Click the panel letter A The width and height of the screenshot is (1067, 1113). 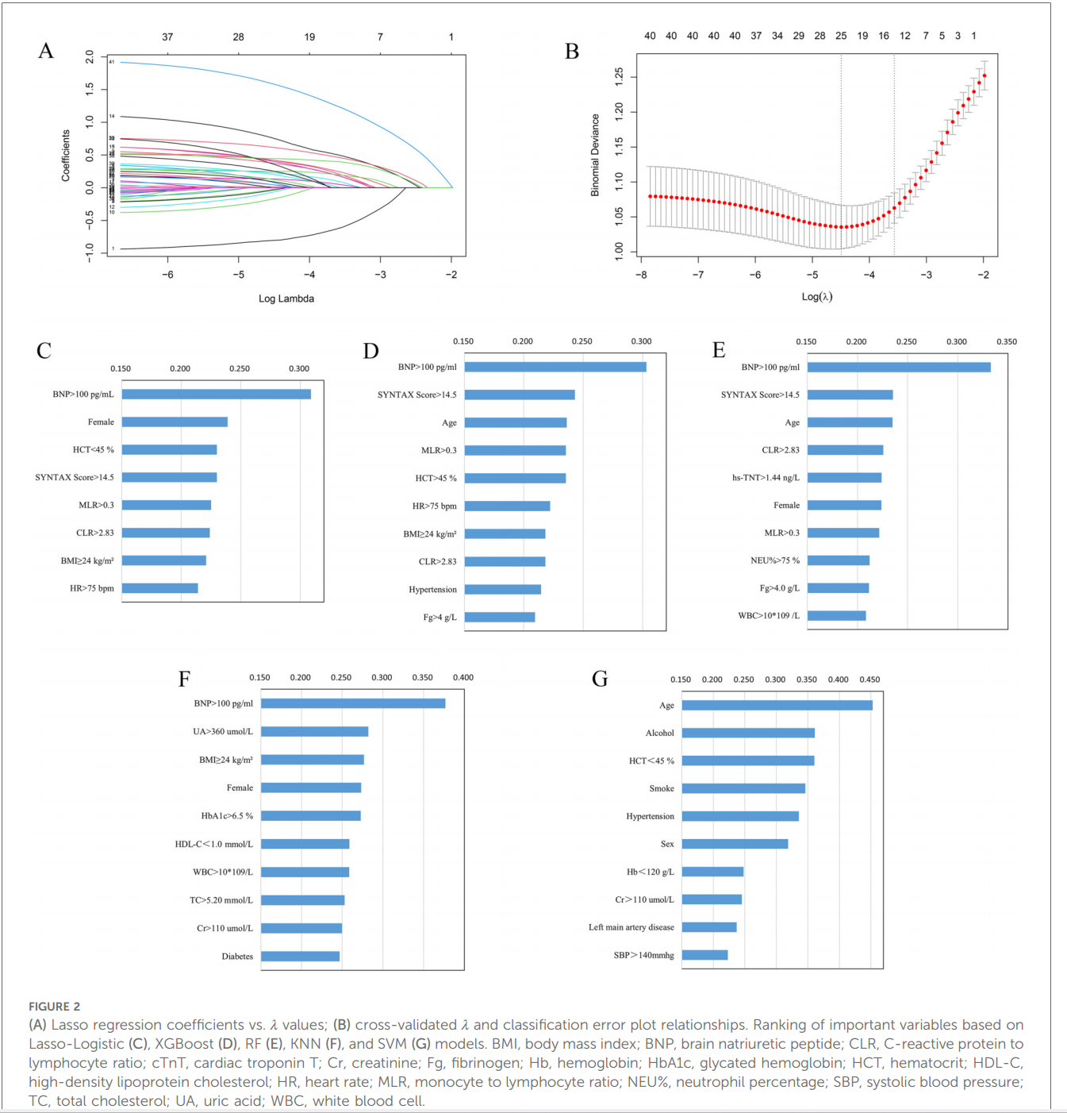tap(46, 51)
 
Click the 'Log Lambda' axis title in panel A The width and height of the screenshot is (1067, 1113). tap(286, 298)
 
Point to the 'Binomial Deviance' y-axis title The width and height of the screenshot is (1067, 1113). tap(595, 155)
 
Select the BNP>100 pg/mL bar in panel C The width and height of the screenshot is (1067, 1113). tap(216, 394)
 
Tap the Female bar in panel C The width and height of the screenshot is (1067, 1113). tap(175, 422)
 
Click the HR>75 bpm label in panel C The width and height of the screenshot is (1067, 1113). tap(92, 588)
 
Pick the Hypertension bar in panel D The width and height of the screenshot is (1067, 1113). tap(503, 589)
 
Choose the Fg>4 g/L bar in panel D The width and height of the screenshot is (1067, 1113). tap(500, 617)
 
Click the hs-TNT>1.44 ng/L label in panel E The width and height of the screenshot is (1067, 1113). tap(766, 477)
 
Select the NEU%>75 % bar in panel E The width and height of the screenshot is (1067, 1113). tap(839, 560)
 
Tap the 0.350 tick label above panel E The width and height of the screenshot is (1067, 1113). tap(1006, 341)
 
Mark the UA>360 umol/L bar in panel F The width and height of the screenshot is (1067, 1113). tap(314, 731)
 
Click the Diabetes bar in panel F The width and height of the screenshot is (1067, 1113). tap(300, 956)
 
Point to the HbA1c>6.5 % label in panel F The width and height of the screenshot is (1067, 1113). tap(227, 815)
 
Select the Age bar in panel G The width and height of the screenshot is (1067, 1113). tap(777, 705)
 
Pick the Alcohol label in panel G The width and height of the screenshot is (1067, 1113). tap(659, 733)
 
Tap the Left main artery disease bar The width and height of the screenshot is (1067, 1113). tap(709, 927)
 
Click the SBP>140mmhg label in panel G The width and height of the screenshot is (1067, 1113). tap(643, 955)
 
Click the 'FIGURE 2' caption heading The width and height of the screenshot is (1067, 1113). tap(55, 1006)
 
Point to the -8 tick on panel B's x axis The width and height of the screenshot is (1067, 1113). tap(641, 275)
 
